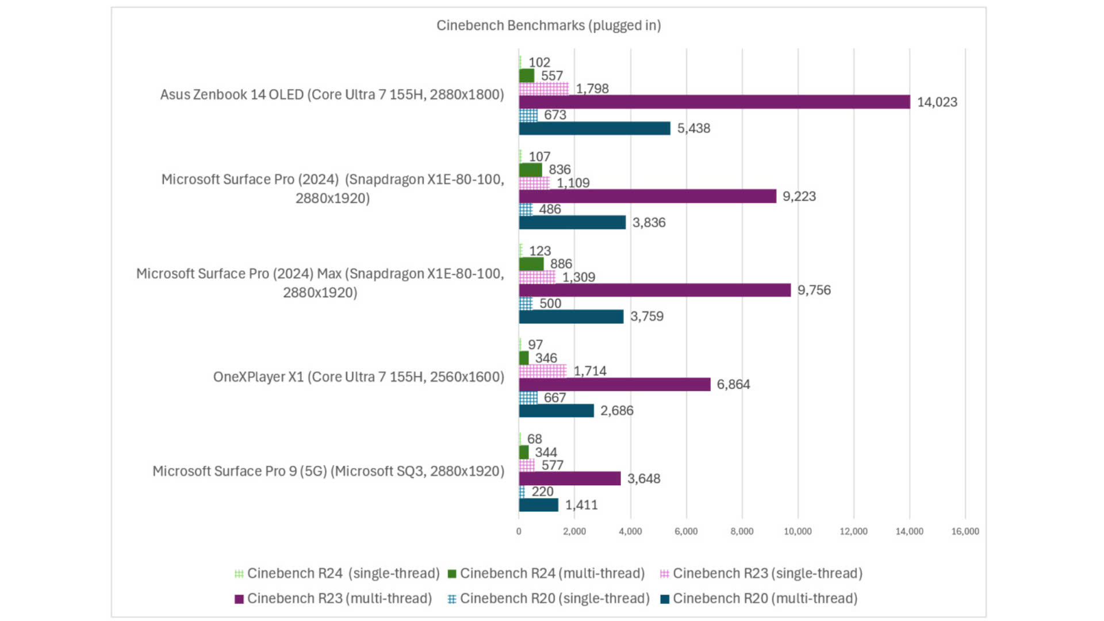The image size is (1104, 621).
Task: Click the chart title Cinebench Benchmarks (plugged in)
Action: click(x=548, y=25)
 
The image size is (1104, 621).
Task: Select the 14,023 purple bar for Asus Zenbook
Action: click(x=714, y=102)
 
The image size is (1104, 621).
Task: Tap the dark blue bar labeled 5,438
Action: click(x=595, y=128)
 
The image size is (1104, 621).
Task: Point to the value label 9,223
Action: click(x=799, y=196)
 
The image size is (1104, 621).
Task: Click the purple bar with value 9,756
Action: click(x=654, y=290)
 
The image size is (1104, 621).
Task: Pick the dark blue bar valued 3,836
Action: click(x=572, y=223)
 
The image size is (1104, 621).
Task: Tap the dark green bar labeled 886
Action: click(x=531, y=264)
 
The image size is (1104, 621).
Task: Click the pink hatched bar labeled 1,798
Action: click(x=543, y=89)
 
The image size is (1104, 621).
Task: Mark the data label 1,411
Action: click(x=581, y=505)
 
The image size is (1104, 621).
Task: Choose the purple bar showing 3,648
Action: click(x=569, y=478)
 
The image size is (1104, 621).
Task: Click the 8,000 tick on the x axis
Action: click(x=742, y=531)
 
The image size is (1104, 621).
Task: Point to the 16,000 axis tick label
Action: click(x=965, y=531)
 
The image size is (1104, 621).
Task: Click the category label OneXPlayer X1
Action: click(x=358, y=377)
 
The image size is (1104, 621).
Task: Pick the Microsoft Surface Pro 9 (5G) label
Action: click(x=328, y=471)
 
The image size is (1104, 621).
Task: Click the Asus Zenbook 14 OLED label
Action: click(x=332, y=94)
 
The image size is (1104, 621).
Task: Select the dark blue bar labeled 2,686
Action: click(x=556, y=411)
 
